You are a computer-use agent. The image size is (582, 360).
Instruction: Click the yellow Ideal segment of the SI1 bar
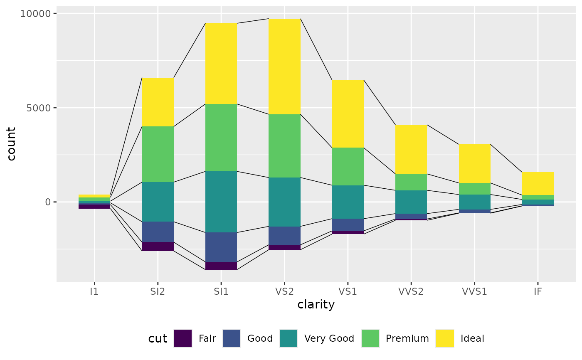221,63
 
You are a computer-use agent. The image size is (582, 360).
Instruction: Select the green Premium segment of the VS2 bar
284,145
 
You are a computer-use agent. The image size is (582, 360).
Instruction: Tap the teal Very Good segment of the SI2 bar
158,202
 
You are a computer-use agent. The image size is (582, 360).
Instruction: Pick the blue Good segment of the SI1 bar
221,247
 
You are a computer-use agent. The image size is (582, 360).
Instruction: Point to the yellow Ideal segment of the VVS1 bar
474,163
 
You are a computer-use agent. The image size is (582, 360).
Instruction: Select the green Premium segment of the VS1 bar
348,166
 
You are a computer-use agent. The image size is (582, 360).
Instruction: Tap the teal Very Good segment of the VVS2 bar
411,202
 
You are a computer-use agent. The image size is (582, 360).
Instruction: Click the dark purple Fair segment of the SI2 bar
158,246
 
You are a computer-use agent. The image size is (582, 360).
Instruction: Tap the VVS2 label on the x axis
411,291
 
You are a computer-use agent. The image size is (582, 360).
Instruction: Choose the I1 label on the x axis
94,291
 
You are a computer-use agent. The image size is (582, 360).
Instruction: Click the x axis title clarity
316,305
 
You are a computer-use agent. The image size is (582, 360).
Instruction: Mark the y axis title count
12,143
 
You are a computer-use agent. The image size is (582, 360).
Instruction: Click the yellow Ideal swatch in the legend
445,338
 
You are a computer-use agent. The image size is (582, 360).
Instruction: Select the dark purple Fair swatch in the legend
183,338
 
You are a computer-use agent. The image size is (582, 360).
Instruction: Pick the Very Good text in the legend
329,338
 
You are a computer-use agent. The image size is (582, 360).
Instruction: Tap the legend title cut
158,339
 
